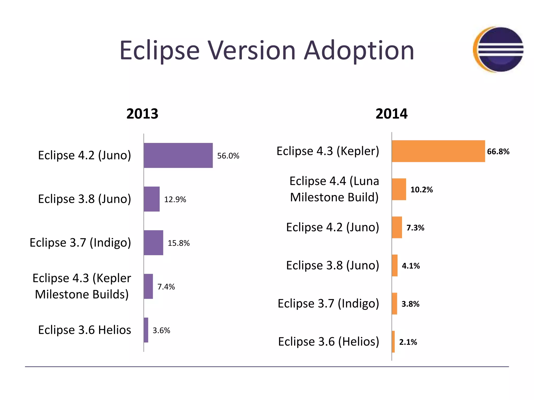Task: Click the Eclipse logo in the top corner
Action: point(498,49)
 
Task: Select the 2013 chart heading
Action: point(142,114)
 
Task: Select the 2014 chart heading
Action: point(391,114)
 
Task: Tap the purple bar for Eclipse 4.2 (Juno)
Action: point(178,155)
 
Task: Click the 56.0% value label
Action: point(228,156)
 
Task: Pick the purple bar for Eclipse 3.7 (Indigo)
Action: point(154,242)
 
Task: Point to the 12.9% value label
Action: point(175,199)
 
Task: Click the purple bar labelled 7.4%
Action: point(148,286)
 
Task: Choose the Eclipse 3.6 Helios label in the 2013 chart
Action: point(84,330)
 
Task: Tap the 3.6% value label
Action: point(161,330)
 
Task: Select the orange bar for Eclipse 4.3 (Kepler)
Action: point(438,151)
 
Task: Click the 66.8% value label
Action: point(498,152)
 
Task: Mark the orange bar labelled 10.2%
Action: point(399,189)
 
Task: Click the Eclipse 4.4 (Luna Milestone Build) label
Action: point(334,189)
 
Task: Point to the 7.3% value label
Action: point(415,228)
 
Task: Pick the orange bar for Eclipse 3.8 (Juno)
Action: point(395,265)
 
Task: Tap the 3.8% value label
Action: point(410,304)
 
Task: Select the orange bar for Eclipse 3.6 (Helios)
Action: point(393,342)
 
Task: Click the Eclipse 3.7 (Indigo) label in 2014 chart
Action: point(328,304)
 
